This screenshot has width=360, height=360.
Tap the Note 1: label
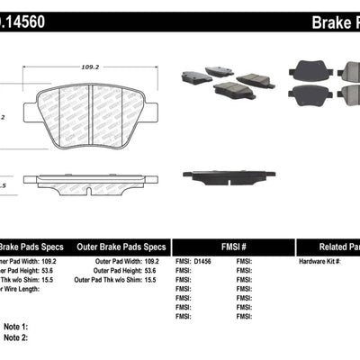tap(15, 327)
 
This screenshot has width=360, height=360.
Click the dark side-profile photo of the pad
tap(236, 175)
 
